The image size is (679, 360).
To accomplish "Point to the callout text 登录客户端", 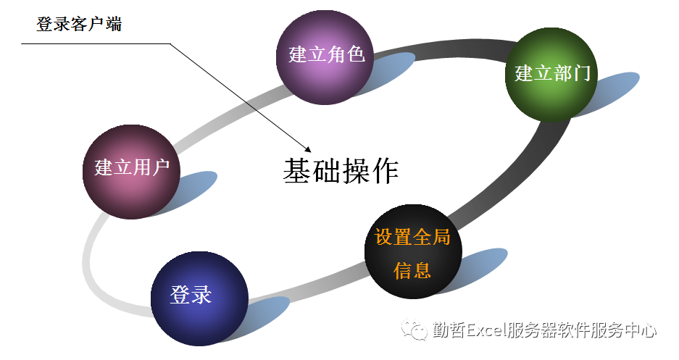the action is click(79, 24).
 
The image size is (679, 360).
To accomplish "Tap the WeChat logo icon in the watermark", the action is click(417, 331).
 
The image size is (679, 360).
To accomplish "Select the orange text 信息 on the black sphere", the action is click(412, 271).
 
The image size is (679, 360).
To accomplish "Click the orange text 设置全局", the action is click(412, 237).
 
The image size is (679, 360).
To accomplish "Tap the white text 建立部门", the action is click(552, 73).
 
